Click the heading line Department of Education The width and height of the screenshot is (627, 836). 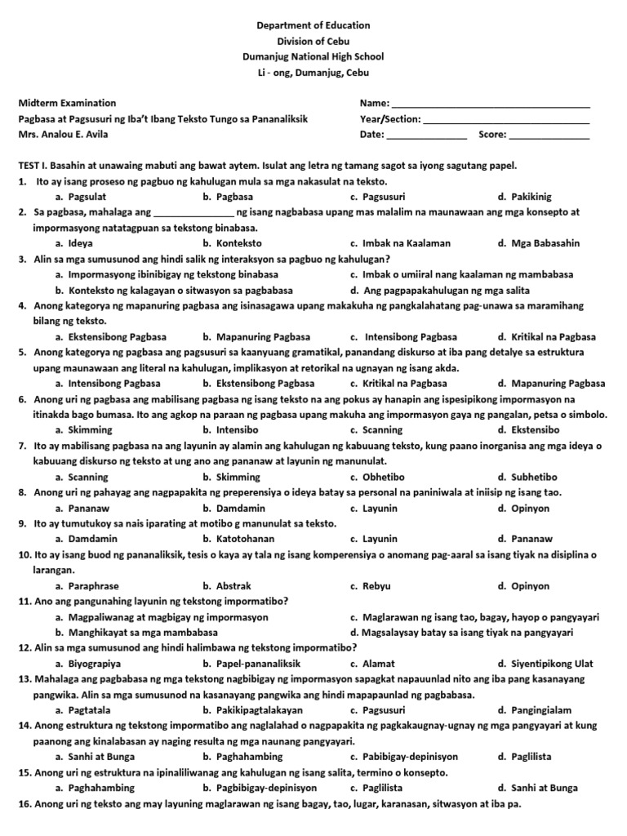click(x=313, y=26)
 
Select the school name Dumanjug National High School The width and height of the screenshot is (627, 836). click(x=313, y=57)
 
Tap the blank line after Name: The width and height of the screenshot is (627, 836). click(x=491, y=105)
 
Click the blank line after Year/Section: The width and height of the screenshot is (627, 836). click(x=506, y=121)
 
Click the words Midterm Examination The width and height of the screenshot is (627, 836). click(x=67, y=104)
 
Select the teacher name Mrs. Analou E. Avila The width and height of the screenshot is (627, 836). click(x=62, y=135)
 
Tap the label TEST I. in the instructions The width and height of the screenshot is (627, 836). click(x=34, y=166)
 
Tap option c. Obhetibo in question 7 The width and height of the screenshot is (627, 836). click(x=377, y=477)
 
